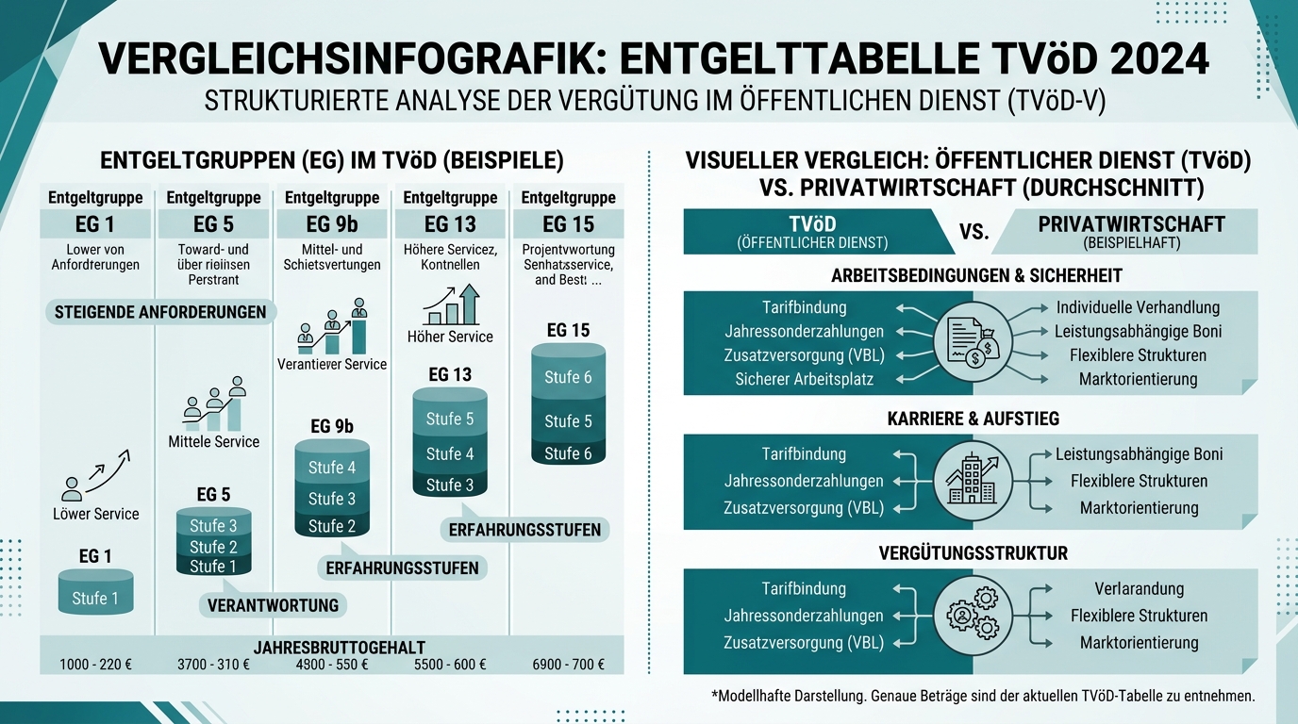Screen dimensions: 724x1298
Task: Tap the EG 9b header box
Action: (332, 224)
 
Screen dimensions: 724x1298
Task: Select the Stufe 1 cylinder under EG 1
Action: (95, 594)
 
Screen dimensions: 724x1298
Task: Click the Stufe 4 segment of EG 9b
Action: (332, 468)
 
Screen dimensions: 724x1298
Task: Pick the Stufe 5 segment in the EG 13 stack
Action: (450, 419)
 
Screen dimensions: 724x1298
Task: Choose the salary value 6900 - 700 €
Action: (568, 665)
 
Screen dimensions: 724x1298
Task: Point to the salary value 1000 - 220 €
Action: (95, 665)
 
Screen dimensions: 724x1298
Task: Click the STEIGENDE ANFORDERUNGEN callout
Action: (160, 312)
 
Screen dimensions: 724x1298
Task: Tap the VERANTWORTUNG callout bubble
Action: (273, 605)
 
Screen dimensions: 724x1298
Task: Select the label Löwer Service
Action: (95, 514)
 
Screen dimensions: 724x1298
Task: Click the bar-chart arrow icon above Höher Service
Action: (451, 305)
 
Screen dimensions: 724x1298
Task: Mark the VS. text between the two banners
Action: (973, 232)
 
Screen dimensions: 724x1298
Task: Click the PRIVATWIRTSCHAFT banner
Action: (1130, 231)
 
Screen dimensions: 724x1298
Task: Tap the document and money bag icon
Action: (973, 341)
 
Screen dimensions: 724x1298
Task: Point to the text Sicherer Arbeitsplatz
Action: (804, 379)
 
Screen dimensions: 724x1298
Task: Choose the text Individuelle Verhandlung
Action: (1138, 307)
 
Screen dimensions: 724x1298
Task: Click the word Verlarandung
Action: (1139, 588)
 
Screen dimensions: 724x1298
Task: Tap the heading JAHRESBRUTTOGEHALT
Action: (340, 648)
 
